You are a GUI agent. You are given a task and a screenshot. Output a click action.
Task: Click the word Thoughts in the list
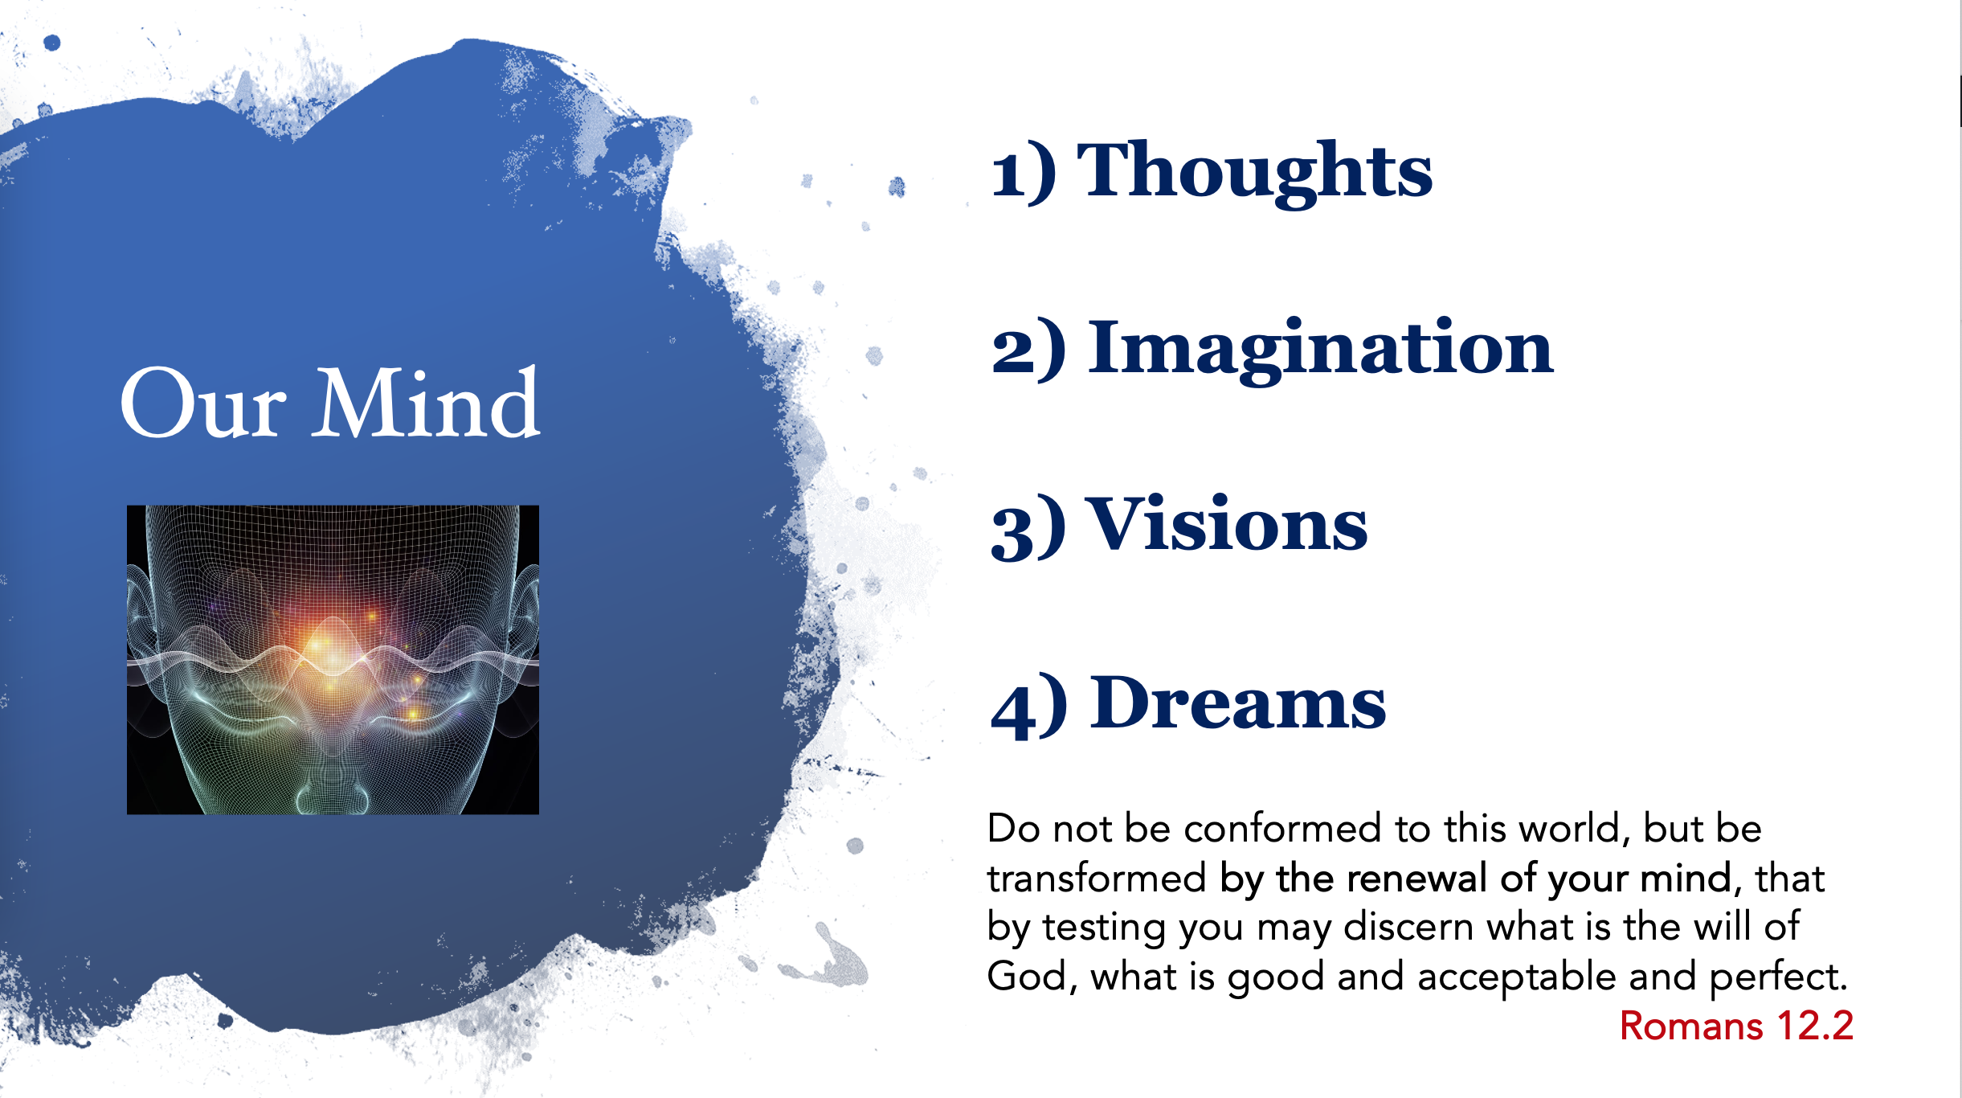pyautogui.click(x=1254, y=170)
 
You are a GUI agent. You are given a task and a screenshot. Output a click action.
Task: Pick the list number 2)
pyautogui.click(x=1029, y=350)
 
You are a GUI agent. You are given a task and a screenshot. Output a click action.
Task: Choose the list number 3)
pyautogui.click(x=1028, y=527)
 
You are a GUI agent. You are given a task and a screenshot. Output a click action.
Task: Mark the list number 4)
pyautogui.click(x=1029, y=705)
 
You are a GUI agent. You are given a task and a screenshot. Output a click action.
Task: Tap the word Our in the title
pyautogui.click(x=202, y=404)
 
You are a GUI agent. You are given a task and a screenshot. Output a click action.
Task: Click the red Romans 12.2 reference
pyautogui.click(x=1736, y=1026)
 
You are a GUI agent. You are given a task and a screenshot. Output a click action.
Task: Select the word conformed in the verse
pyautogui.click(x=1282, y=829)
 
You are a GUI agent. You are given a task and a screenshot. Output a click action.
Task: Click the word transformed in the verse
pyautogui.click(x=1097, y=878)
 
